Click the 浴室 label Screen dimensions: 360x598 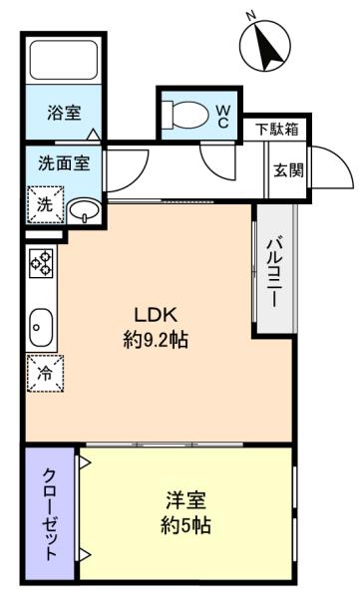64,114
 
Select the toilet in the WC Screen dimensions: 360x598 185,114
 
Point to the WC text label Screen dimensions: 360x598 223,117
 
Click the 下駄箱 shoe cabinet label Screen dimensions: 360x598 277,130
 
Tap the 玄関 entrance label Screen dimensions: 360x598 288,169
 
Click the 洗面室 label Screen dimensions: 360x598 64,163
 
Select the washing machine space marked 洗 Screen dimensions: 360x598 45,204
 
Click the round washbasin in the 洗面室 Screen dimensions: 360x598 84,210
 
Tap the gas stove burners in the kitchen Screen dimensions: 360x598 41,263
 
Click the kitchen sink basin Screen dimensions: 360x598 41,327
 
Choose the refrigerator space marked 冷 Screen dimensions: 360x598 45,374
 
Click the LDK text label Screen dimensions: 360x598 156,315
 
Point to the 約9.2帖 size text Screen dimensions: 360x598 156,339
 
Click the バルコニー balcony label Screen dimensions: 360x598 275,272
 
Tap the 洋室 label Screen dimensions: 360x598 185,500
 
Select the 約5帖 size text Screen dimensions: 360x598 185,525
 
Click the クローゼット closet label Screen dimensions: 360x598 50,514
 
